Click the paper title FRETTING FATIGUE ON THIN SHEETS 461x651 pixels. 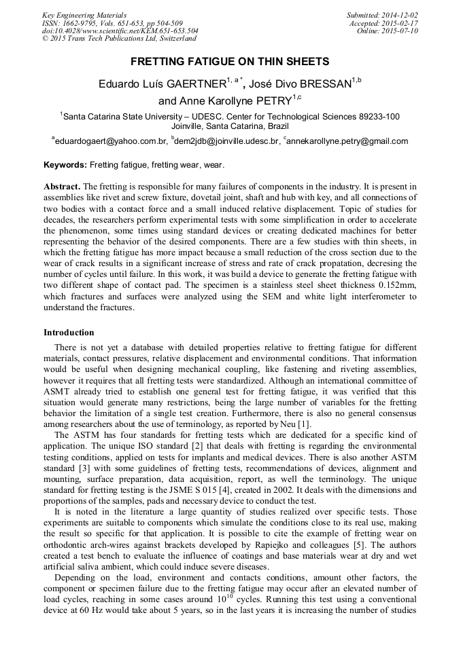point(230,62)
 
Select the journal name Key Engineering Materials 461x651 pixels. point(84,15)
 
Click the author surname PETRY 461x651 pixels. point(263,102)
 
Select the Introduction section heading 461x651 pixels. point(69,333)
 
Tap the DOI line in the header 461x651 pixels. point(120,31)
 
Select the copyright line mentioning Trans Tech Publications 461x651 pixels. point(119,39)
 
